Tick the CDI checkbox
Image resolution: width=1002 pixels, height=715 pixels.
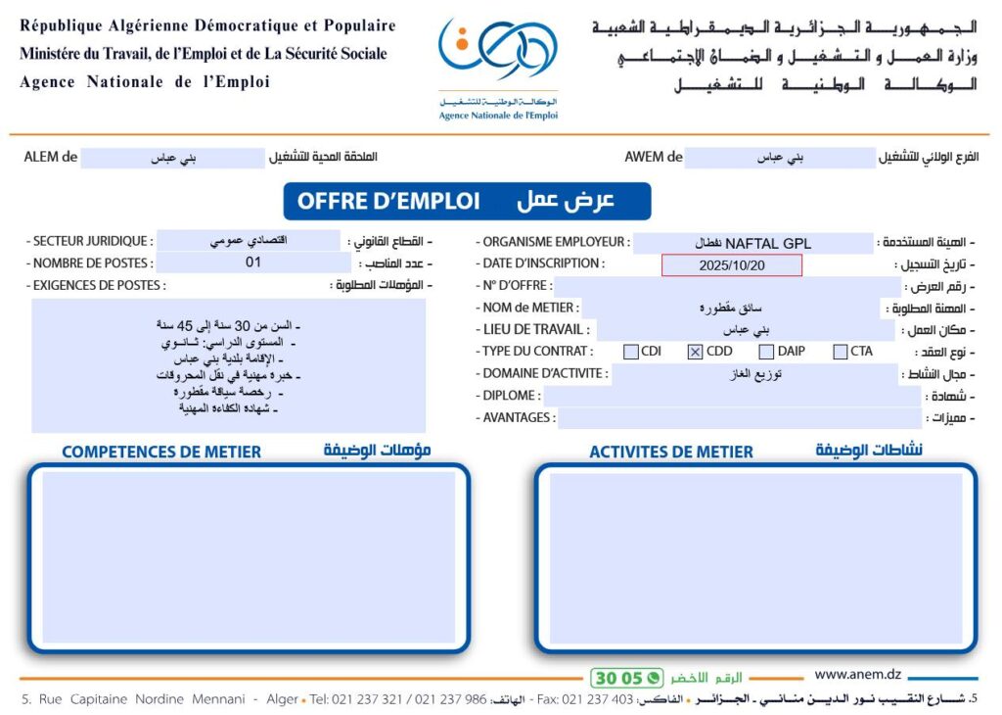point(631,352)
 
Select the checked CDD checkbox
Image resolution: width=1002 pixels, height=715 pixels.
point(695,352)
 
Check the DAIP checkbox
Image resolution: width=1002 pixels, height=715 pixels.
point(767,352)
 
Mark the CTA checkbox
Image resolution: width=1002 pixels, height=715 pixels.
point(841,352)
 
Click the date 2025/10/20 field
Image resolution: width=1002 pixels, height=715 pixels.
point(731,265)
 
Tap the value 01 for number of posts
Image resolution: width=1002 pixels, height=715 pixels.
point(253,262)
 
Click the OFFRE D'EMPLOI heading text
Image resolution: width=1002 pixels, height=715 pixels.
point(388,201)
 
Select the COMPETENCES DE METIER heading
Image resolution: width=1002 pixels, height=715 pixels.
point(161,452)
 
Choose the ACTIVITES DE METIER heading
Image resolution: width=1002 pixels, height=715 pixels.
point(671,452)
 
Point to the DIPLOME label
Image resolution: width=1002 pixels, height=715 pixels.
point(510,396)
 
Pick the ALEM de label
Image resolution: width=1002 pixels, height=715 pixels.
point(50,157)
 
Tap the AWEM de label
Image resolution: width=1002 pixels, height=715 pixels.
point(654,157)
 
